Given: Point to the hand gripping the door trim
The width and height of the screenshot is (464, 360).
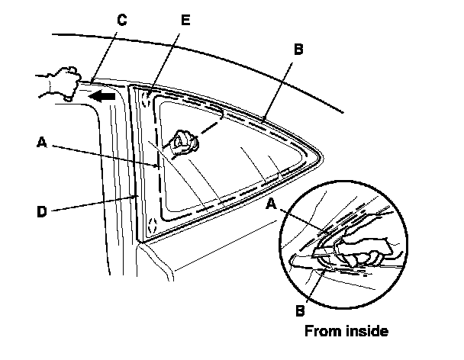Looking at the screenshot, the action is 57,82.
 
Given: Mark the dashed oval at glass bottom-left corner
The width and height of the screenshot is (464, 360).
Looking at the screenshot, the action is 152,225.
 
